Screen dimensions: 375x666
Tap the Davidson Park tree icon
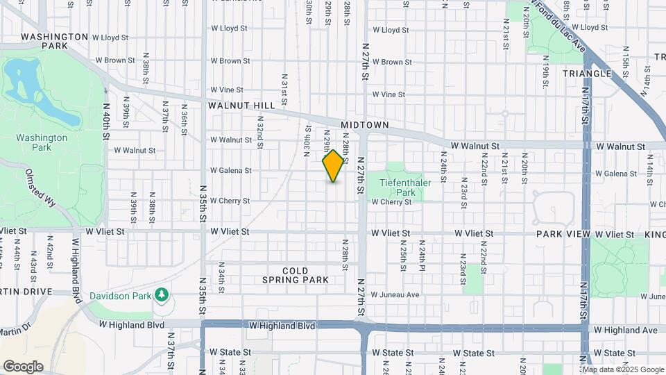162,295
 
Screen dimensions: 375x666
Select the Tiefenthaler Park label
397,187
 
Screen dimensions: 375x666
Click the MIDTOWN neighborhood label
365,124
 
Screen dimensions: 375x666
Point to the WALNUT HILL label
237,106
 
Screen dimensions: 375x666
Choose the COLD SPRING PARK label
295,276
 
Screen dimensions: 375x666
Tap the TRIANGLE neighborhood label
587,73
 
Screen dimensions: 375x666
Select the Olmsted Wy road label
41,189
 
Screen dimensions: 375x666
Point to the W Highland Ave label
626,330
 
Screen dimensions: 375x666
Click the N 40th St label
107,122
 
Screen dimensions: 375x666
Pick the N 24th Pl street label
421,256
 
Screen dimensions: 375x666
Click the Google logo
23,366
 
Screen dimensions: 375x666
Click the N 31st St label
284,90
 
